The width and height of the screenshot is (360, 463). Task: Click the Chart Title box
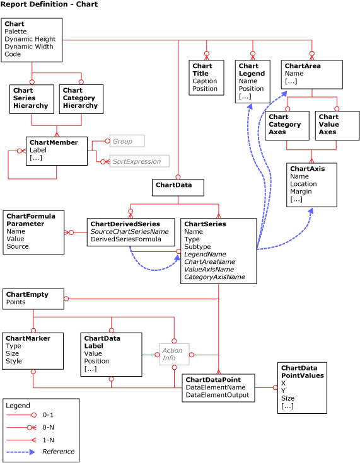[206, 77]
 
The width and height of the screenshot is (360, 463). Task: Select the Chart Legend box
[252, 81]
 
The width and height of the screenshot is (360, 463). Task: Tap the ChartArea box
[311, 74]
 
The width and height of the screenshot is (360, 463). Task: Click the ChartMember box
[57, 151]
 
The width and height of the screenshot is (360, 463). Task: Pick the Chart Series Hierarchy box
[32, 99]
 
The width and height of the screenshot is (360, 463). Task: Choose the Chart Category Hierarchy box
[81, 99]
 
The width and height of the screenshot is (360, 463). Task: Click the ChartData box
[178, 187]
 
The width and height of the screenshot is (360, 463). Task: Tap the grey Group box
[127, 141]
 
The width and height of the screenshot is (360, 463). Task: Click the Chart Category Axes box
[287, 125]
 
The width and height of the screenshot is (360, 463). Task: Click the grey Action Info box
[173, 354]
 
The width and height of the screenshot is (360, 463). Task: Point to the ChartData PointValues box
[302, 387]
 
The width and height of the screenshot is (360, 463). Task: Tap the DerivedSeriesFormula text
[126, 239]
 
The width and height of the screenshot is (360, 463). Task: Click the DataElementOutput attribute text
[217, 395]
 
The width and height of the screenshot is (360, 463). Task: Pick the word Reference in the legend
[58, 452]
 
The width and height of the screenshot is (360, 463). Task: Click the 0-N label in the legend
[48, 428]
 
